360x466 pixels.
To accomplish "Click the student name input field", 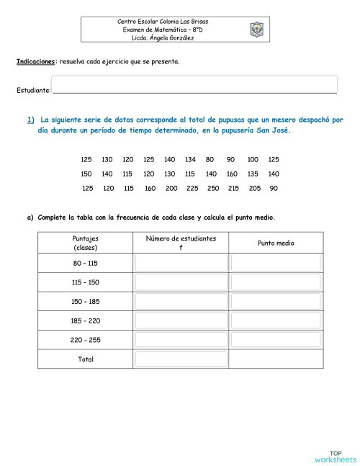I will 194,85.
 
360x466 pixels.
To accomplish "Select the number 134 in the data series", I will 190,159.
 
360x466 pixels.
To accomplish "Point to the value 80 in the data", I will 210,159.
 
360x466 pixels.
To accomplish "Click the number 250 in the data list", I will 212,188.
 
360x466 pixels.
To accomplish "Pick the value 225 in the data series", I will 192,188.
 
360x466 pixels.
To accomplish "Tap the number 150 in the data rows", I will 86,174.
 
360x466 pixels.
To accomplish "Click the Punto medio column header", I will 276,243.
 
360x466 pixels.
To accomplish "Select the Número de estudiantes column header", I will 181,243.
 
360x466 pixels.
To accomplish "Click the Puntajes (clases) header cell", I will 86,243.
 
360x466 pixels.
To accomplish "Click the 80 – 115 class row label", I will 86,263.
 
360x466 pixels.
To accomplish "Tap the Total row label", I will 86,359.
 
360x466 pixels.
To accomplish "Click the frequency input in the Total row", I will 181,359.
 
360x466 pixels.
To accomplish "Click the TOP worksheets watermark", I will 335,455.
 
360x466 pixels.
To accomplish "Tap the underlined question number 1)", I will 32,120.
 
